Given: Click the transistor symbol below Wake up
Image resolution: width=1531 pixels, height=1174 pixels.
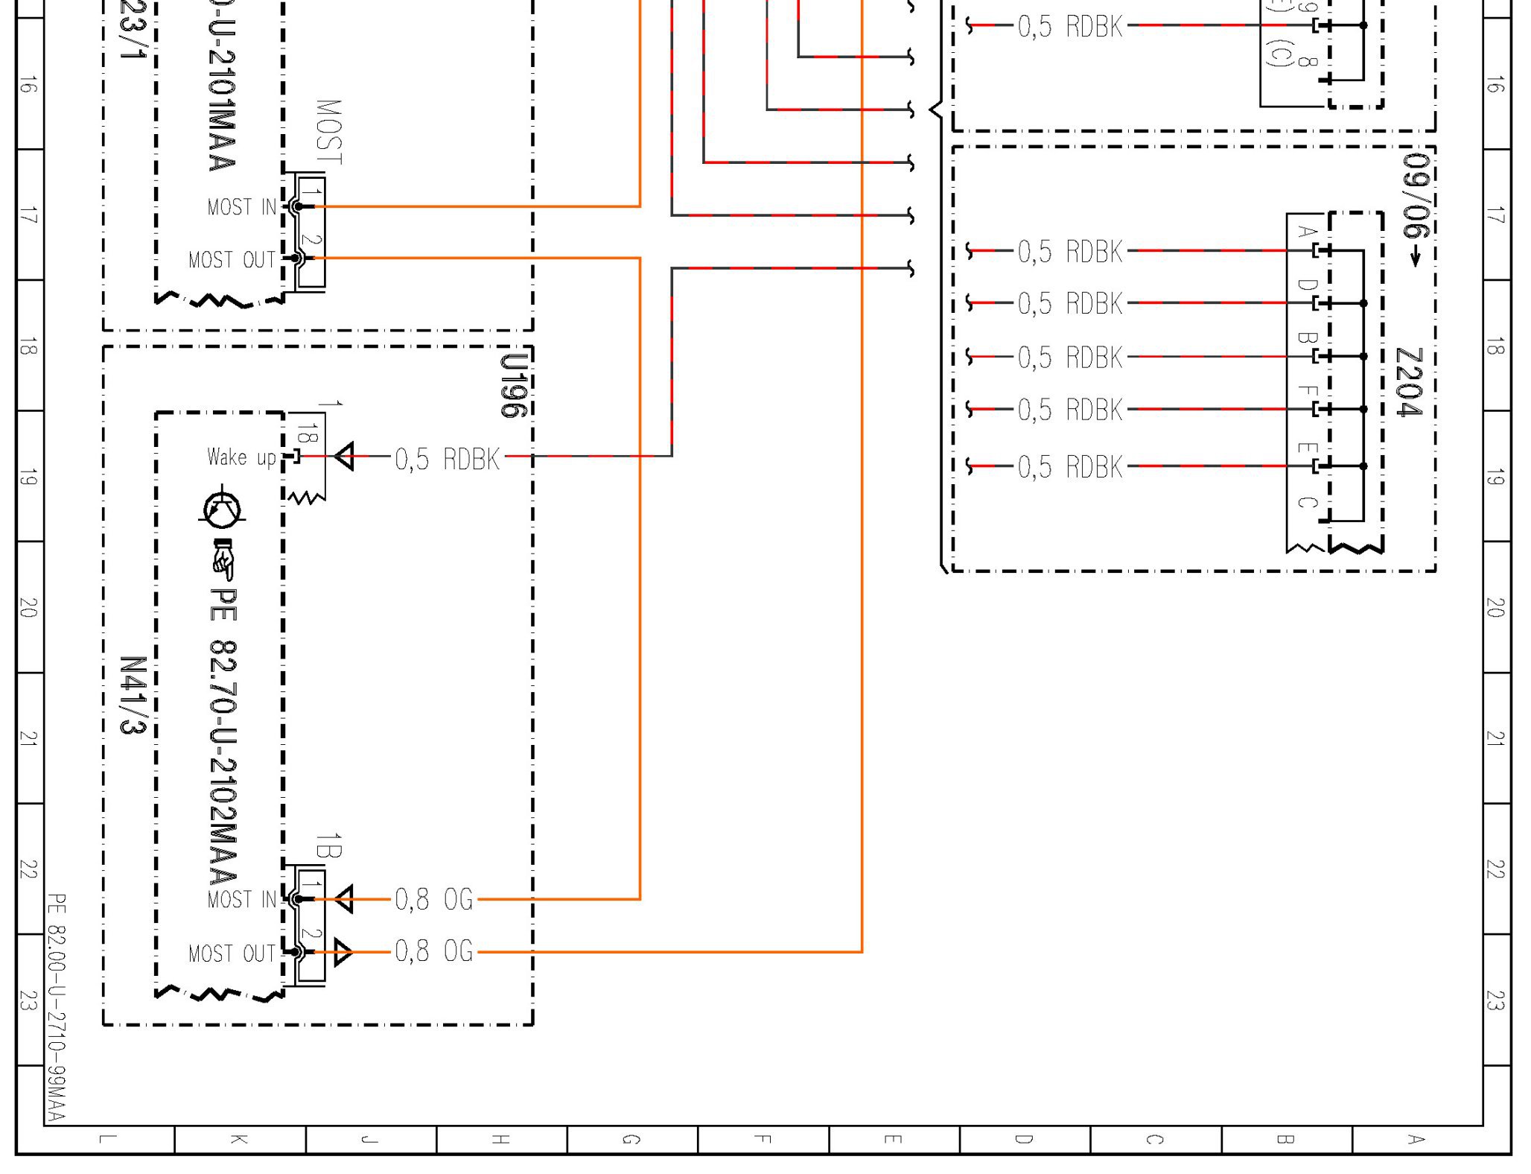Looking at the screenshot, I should tap(222, 509).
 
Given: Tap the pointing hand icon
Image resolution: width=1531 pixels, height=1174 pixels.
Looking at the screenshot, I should tap(223, 559).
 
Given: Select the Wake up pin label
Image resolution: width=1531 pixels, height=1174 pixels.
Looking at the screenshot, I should tap(241, 457).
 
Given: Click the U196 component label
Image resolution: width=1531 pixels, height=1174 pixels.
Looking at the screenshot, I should tap(513, 384).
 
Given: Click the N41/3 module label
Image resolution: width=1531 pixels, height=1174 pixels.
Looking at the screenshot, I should tap(133, 695).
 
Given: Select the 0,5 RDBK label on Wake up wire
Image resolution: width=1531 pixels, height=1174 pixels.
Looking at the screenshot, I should tap(447, 460).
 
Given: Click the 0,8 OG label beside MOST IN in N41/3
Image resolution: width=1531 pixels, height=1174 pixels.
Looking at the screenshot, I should tap(433, 899).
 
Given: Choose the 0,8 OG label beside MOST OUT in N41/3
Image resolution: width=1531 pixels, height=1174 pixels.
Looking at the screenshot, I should tap(433, 951).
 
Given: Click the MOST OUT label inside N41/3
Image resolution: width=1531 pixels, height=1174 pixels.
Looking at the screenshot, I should tap(232, 954).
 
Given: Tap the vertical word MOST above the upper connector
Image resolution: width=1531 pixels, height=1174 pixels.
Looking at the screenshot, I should tap(328, 133).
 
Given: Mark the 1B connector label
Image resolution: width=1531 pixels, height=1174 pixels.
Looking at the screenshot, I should tap(328, 846).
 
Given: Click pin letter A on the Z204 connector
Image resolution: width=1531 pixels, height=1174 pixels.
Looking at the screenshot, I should tap(1305, 231).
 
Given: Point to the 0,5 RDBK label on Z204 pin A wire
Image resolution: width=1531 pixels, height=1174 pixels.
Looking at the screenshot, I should tap(1069, 252).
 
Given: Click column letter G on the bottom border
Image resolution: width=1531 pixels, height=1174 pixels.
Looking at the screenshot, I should tap(631, 1139).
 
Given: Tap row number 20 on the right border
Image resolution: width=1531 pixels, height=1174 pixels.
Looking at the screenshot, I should tap(1495, 608).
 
